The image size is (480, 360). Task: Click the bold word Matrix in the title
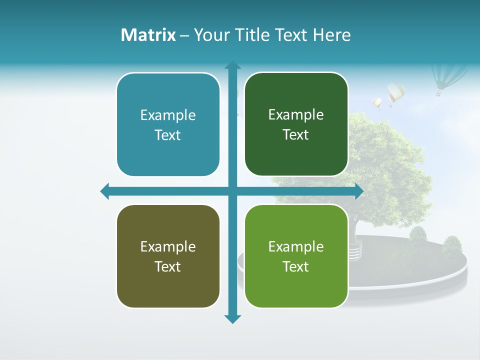point(148,35)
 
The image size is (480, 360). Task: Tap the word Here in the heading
point(331,35)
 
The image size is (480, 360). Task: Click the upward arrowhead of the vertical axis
point(232,65)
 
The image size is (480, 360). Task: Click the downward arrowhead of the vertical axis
point(232,319)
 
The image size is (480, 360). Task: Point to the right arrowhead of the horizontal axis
point(359,191)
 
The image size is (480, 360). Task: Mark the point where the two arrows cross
point(232,191)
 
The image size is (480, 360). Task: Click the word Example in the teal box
point(168,115)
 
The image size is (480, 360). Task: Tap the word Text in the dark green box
point(296,135)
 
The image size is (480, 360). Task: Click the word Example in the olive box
point(168,247)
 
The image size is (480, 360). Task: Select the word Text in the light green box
point(296,266)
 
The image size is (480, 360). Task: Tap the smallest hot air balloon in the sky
point(377,103)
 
